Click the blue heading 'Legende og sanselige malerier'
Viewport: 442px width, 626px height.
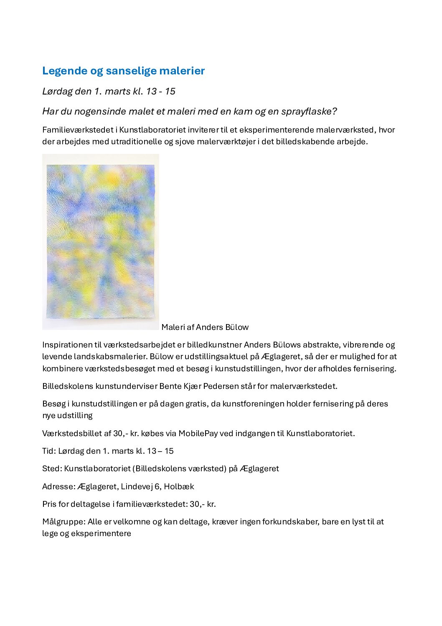click(123, 71)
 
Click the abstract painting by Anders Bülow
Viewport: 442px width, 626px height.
click(100, 242)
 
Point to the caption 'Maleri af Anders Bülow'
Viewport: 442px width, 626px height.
click(205, 327)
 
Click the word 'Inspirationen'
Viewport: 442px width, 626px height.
click(67, 345)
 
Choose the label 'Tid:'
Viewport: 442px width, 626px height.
click(49, 451)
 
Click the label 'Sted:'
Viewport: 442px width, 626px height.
click(52, 468)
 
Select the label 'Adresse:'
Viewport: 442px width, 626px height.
click(59, 486)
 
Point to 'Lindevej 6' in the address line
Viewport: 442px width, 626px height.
click(141, 486)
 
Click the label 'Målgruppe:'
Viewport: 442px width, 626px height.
click(64, 521)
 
